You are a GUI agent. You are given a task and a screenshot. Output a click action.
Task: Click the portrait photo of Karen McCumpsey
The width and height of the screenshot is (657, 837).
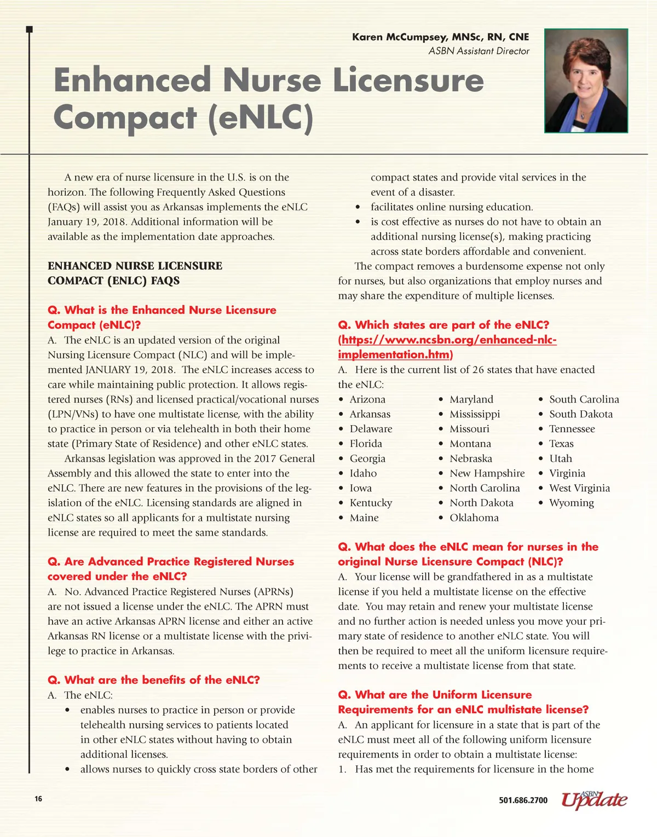[586, 80]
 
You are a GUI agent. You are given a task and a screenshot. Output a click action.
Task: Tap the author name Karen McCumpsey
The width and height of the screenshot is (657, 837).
[440, 37]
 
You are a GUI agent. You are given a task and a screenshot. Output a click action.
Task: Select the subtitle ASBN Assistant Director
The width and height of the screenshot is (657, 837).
[479, 51]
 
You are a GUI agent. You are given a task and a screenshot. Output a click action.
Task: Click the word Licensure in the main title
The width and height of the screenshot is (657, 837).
[408, 80]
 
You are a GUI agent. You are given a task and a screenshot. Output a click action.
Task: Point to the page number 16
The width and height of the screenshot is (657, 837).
[38, 799]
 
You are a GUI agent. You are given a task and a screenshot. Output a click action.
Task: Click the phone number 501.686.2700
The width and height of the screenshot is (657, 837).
[523, 800]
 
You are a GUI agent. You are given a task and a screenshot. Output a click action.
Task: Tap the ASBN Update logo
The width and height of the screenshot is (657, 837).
[594, 799]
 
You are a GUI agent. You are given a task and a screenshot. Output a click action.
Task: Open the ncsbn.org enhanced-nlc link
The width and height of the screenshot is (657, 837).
[447, 347]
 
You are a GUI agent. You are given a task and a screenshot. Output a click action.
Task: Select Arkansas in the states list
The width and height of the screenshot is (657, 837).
[370, 414]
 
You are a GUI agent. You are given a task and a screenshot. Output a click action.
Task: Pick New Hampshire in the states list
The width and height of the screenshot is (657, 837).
[487, 473]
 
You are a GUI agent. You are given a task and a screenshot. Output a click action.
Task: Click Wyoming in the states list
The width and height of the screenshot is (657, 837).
[571, 503]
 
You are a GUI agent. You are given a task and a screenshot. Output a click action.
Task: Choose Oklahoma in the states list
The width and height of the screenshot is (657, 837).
[474, 518]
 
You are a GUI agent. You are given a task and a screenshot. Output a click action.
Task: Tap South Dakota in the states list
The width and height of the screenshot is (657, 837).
[580, 414]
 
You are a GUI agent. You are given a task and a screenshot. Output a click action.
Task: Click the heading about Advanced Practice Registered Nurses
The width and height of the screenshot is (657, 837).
[171, 569]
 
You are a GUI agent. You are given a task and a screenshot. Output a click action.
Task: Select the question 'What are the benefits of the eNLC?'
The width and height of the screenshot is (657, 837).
[154, 680]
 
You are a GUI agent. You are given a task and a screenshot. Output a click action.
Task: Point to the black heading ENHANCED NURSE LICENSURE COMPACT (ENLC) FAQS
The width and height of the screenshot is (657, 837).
[135, 273]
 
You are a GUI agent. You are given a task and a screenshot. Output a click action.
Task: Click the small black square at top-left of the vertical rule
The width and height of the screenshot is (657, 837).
[30, 29]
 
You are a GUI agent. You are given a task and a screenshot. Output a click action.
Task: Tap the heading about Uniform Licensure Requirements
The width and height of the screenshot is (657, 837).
[463, 702]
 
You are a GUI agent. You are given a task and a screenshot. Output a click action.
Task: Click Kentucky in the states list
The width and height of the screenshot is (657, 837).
[371, 503]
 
